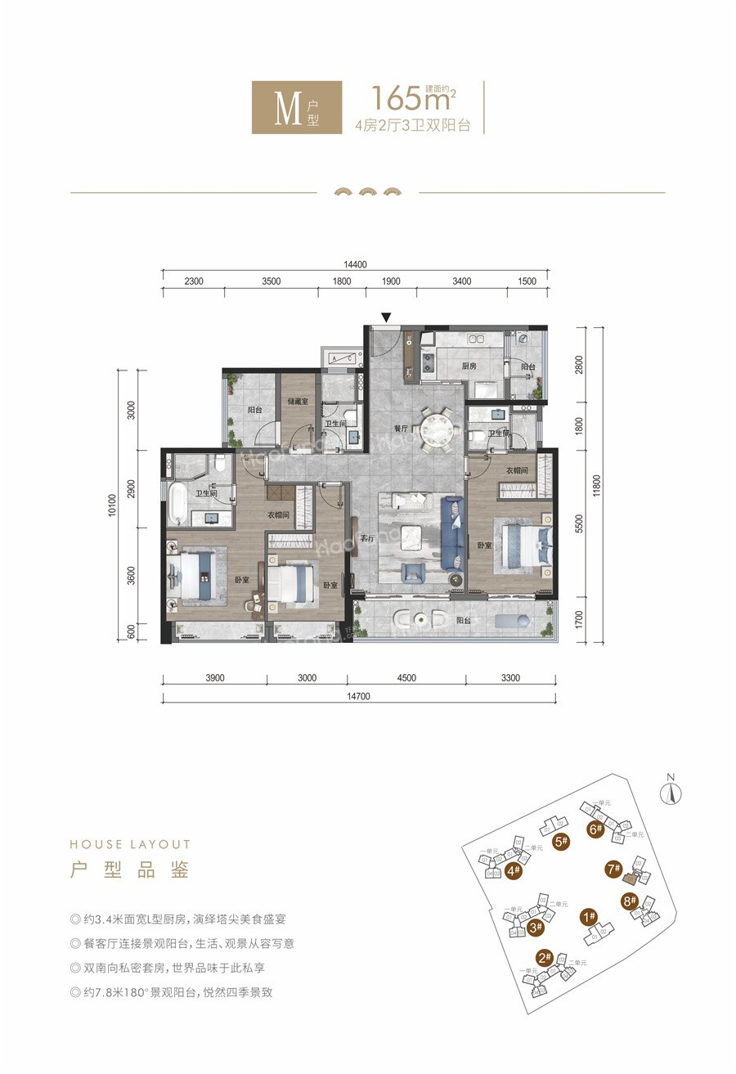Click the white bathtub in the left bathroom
click(x=177, y=503)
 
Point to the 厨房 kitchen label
click(x=469, y=366)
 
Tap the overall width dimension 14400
click(x=355, y=264)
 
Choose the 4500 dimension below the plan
click(x=406, y=677)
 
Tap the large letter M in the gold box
click(x=285, y=108)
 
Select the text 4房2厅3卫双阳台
click(x=412, y=126)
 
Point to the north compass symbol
click(x=671, y=791)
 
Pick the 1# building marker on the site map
click(x=588, y=917)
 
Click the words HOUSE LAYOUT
click(x=130, y=844)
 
